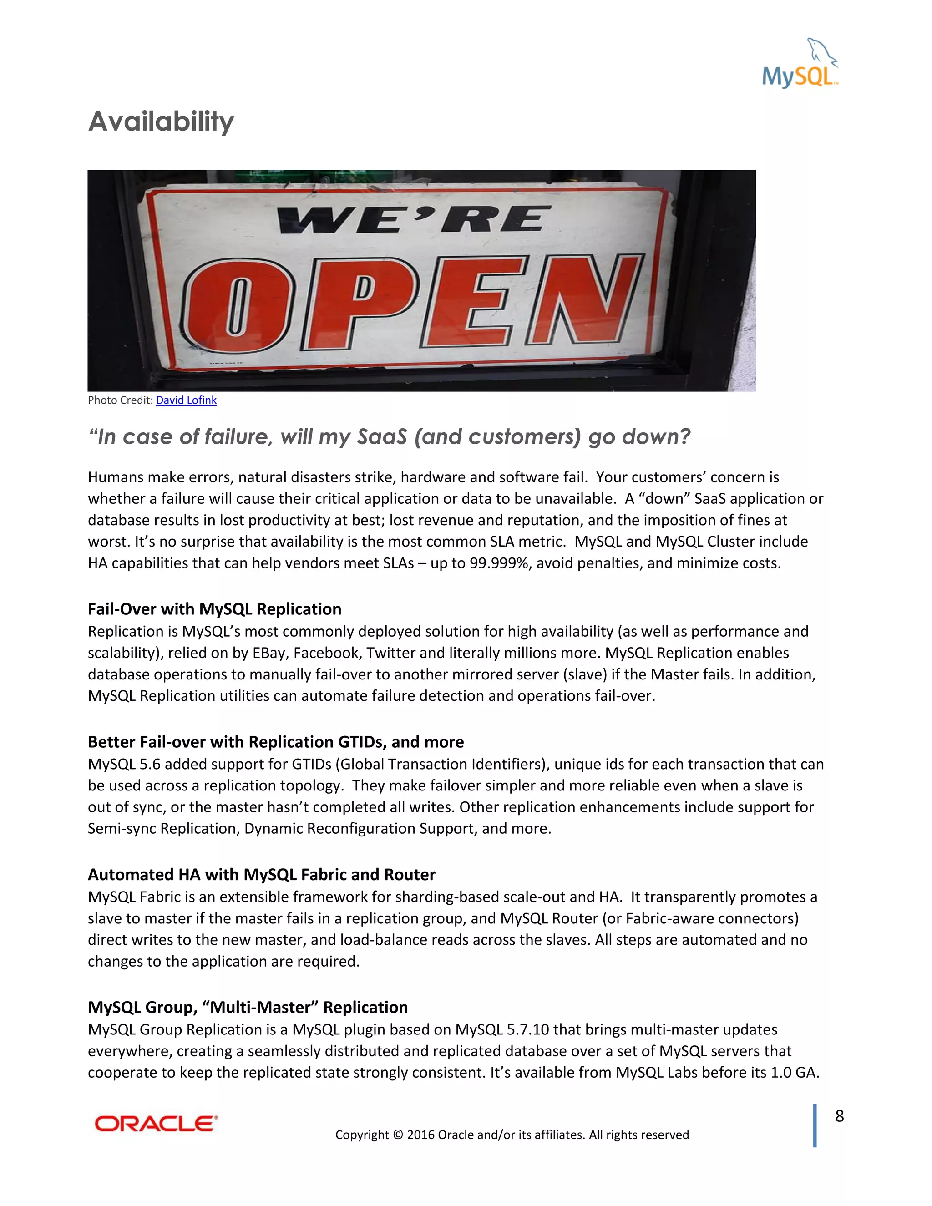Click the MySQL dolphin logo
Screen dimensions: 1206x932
pyautogui.click(x=800, y=64)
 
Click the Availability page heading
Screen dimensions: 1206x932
pyautogui.click(x=161, y=122)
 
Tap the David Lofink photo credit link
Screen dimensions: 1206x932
pyautogui.click(x=186, y=400)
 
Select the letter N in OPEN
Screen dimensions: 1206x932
pyautogui.click(x=585, y=301)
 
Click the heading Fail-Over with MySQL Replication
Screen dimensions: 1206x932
pyautogui.click(x=214, y=609)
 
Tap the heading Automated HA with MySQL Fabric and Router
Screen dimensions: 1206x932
pyautogui.click(x=261, y=875)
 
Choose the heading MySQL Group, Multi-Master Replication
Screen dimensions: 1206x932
pyautogui.click(x=248, y=1007)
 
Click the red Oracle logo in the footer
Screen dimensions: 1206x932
pyautogui.click(x=156, y=1124)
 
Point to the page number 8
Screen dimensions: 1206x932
pyautogui.click(x=839, y=1116)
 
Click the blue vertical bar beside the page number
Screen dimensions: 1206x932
pyautogui.click(x=815, y=1125)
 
